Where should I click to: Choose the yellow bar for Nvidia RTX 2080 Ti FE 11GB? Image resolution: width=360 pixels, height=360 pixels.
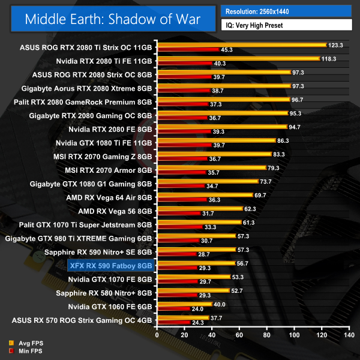pos(238,58)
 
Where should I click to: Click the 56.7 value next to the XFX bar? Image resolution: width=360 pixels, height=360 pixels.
pos(244,263)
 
